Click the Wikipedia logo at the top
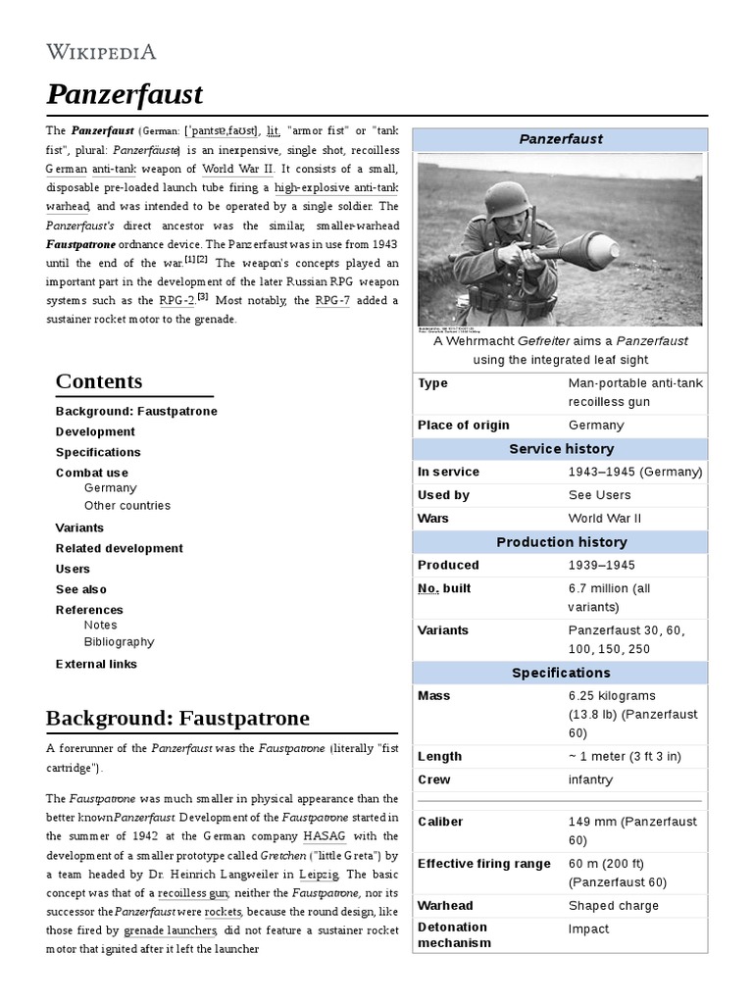click(101, 52)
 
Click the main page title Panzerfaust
click(125, 94)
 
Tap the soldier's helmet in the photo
click(508, 201)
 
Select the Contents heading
click(99, 381)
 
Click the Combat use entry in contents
click(91, 473)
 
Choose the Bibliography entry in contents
click(119, 642)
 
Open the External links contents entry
click(96, 664)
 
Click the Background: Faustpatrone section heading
click(177, 719)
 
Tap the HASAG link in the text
click(324, 836)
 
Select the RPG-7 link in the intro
click(333, 301)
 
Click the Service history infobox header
click(561, 449)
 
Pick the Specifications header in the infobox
click(561, 673)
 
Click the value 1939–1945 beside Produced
click(601, 566)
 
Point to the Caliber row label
click(440, 822)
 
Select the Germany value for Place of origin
click(596, 426)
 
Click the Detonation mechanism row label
click(452, 935)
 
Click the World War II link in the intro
click(236, 169)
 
